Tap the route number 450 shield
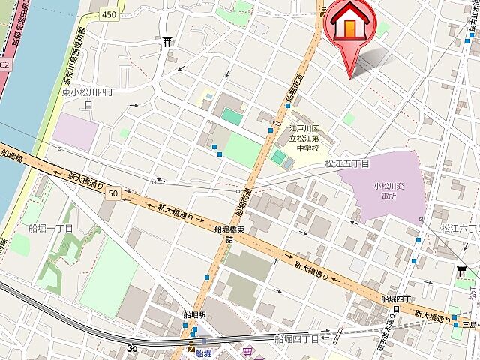(110, 13)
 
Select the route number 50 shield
(112, 193)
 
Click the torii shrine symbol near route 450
(166, 40)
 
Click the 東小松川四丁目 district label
(87, 98)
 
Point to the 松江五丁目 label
(347, 163)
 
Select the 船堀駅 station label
(194, 316)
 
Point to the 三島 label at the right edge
(472, 323)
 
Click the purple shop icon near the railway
(247, 349)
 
